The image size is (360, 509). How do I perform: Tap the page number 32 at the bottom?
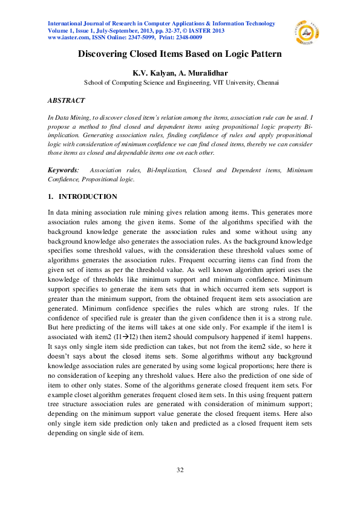(180, 470)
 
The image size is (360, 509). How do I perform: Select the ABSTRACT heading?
(66, 100)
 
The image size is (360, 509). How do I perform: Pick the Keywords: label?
(63, 171)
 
